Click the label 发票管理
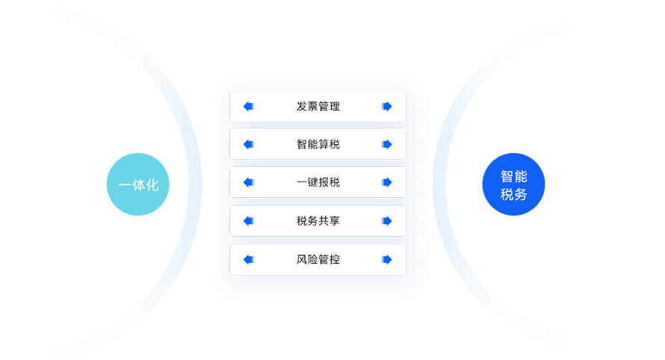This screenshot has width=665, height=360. [318, 106]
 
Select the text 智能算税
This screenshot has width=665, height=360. [318, 144]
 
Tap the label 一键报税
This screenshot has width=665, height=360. [318, 182]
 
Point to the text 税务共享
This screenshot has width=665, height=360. [318, 221]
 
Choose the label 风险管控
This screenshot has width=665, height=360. [318, 260]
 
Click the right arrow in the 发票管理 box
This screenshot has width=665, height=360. [386, 106]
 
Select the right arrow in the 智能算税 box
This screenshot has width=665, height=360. [386, 144]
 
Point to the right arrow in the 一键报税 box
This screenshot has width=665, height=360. [386, 182]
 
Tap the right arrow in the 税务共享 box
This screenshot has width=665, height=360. [386, 221]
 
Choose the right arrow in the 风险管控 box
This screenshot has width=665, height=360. [386, 260]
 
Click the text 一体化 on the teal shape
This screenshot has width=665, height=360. [138, 185]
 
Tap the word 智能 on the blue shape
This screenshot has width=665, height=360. [513, 177]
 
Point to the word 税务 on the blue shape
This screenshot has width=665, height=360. [513, 195]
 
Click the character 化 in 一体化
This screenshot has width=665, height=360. [152, 185]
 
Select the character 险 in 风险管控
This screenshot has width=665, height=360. [312, 260]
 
